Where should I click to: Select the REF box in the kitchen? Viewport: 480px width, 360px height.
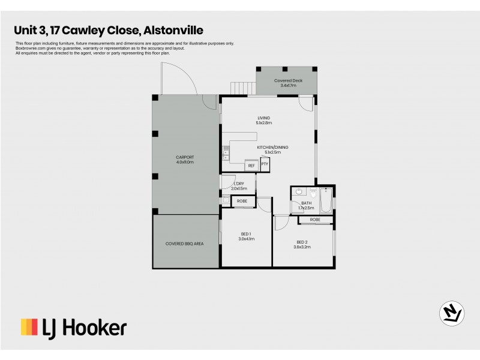[251, 165]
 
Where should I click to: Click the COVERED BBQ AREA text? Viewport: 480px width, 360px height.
[185, 244]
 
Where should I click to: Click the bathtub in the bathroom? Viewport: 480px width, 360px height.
[326, 200]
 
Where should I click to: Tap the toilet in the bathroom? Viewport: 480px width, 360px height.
[313, 193]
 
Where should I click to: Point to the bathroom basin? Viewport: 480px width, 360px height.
[298, 193]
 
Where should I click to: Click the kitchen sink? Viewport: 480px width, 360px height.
[226, 154]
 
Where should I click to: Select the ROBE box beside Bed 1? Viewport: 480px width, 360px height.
[243, 201]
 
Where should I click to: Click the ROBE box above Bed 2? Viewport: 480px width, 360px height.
[316, 220]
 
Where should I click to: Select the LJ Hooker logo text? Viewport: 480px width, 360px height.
[84, 328]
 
